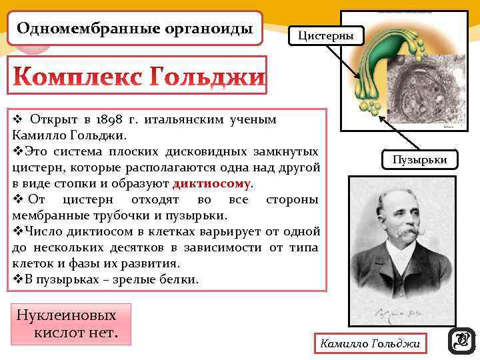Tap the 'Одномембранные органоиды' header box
pos(135,29)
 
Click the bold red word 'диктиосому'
pos(211,183)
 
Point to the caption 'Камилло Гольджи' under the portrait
pos(370,344)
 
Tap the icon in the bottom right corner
pos(461,340)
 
